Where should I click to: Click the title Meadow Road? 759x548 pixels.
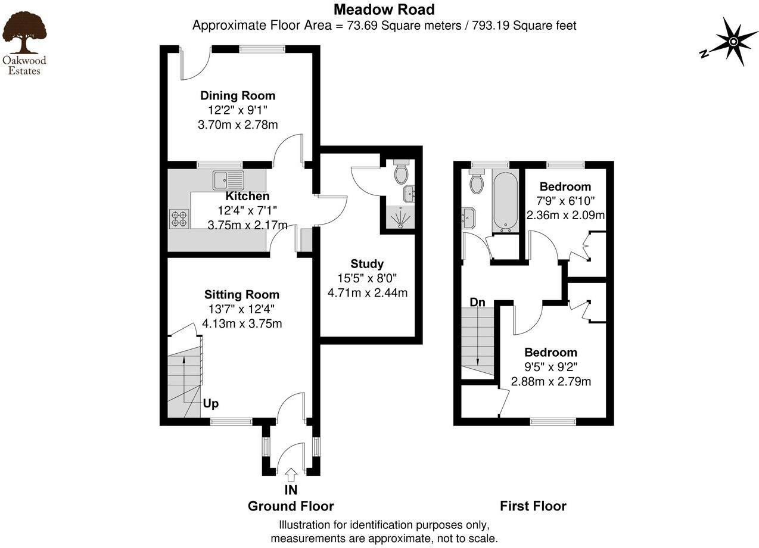pos(384,10)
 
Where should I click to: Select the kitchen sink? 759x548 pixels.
pos(228,179)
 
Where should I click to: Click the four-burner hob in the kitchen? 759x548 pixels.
pos(179,219)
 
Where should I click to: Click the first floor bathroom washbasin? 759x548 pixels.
pos(468,218)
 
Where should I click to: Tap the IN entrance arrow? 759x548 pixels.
pos(291,475)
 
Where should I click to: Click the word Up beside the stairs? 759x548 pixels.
pos(211,404)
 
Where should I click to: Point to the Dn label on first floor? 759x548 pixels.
pos(477,303)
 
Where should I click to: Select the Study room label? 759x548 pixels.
pos(367,264)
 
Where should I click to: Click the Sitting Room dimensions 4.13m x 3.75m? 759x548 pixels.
pos(242,324)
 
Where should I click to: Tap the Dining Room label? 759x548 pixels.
pos(238,95)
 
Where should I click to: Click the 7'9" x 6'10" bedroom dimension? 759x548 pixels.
pos(565,201)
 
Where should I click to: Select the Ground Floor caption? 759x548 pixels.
pos(291,506)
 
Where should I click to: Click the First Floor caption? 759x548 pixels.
pos(533,506)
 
